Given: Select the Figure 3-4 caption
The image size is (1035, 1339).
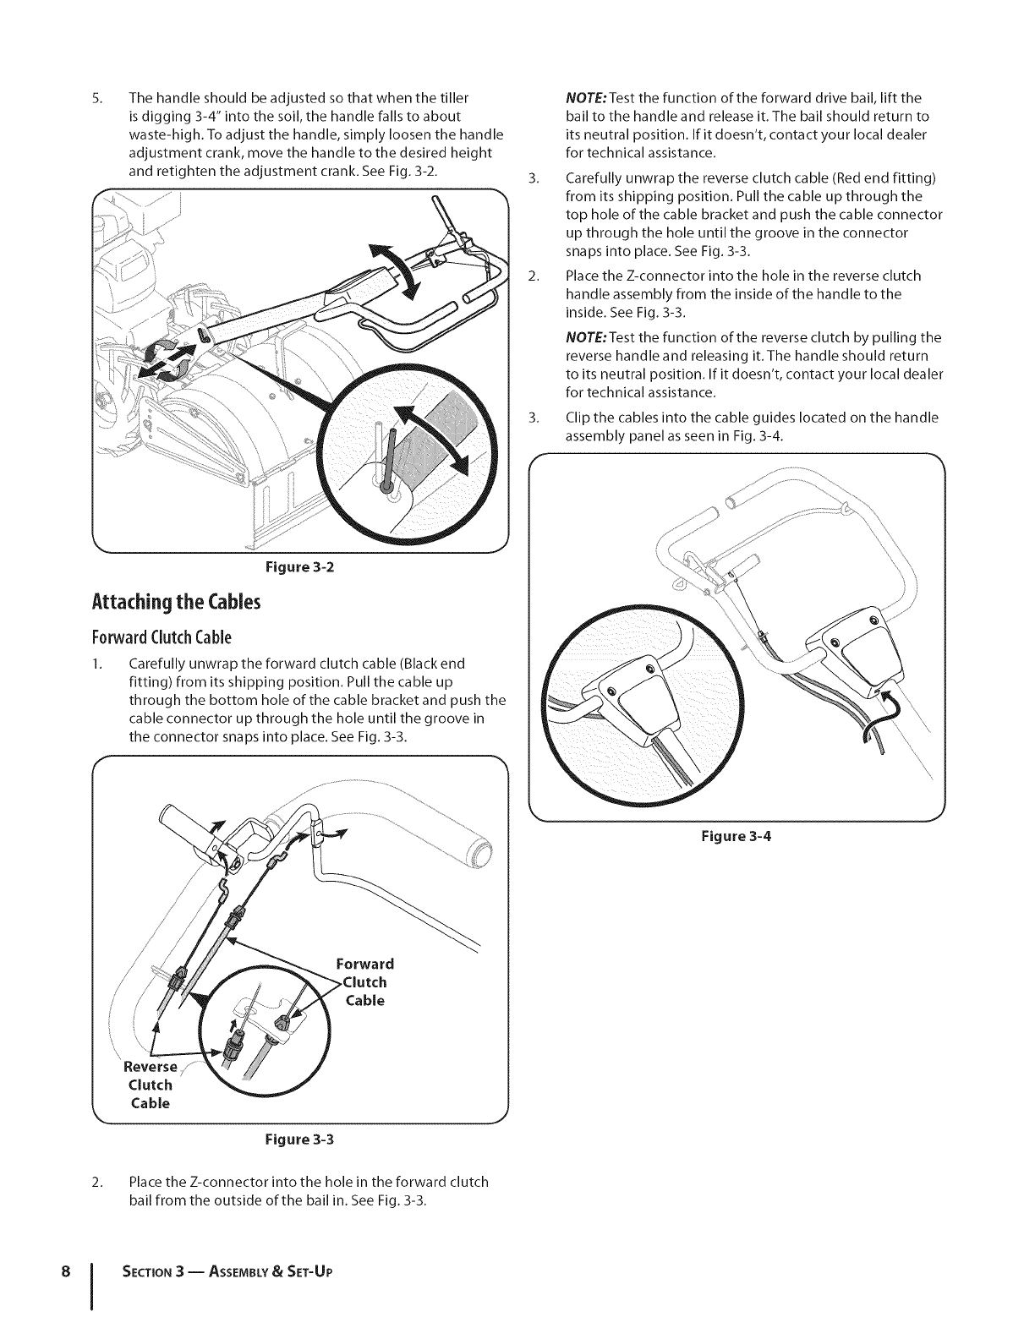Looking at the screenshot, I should point(737,837).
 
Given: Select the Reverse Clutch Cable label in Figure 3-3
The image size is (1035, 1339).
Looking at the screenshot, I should point(151,1085).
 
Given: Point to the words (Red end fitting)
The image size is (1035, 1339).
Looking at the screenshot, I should point(888,178).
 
